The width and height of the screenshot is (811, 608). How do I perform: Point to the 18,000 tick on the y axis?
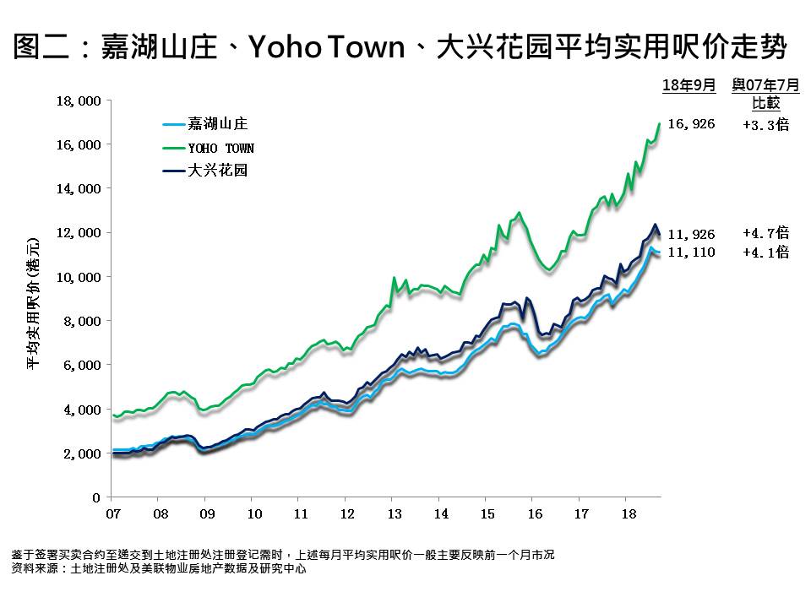78,100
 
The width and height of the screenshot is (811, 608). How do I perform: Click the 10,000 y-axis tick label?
78,277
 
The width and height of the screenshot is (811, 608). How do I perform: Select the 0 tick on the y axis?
97,497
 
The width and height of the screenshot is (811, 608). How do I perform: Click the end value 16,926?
691,124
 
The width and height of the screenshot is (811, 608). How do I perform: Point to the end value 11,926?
691,234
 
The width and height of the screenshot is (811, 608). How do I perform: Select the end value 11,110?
691,252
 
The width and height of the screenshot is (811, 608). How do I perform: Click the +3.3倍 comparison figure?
765,124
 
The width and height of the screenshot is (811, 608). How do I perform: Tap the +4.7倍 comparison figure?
765,233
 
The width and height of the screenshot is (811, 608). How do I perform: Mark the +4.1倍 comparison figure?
765,252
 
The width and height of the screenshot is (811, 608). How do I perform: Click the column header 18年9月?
689,85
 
